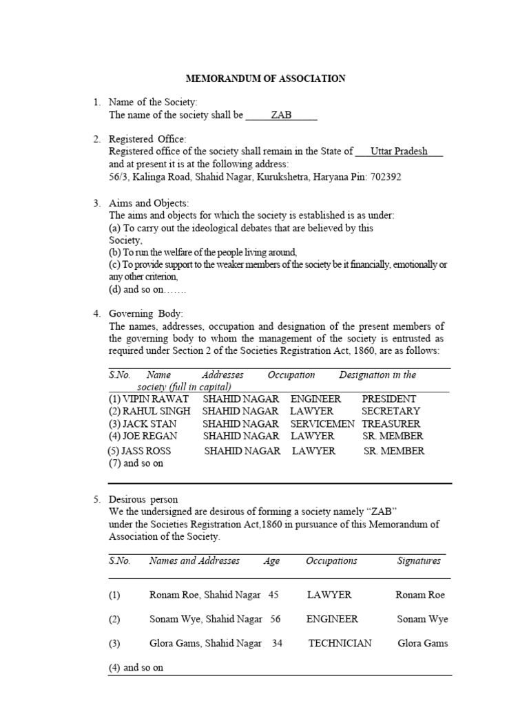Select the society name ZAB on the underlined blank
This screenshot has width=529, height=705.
[x=281, y=115]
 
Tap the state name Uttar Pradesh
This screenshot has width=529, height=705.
[x=399, y=151]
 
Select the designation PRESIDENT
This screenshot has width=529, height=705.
[x=389, y=399]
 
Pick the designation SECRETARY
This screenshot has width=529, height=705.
[x=391, y=411]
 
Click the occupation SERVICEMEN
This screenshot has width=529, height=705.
[x=322, y=424]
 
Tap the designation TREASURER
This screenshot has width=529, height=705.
[x=391, y=424]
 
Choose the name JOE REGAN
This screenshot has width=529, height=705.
[x=143, y=436]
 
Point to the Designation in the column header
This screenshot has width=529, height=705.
[x=377, y=375]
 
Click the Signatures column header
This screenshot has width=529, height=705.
[x=419, y=560]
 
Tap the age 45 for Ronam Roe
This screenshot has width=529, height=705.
[x=273, y=594]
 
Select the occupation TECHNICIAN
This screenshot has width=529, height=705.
[x=340, y=643]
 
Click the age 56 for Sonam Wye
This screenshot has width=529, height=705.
[x=276, y=619]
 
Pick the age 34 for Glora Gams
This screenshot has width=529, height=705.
[x=278, y=643]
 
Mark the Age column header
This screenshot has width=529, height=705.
[x=271, y=561]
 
